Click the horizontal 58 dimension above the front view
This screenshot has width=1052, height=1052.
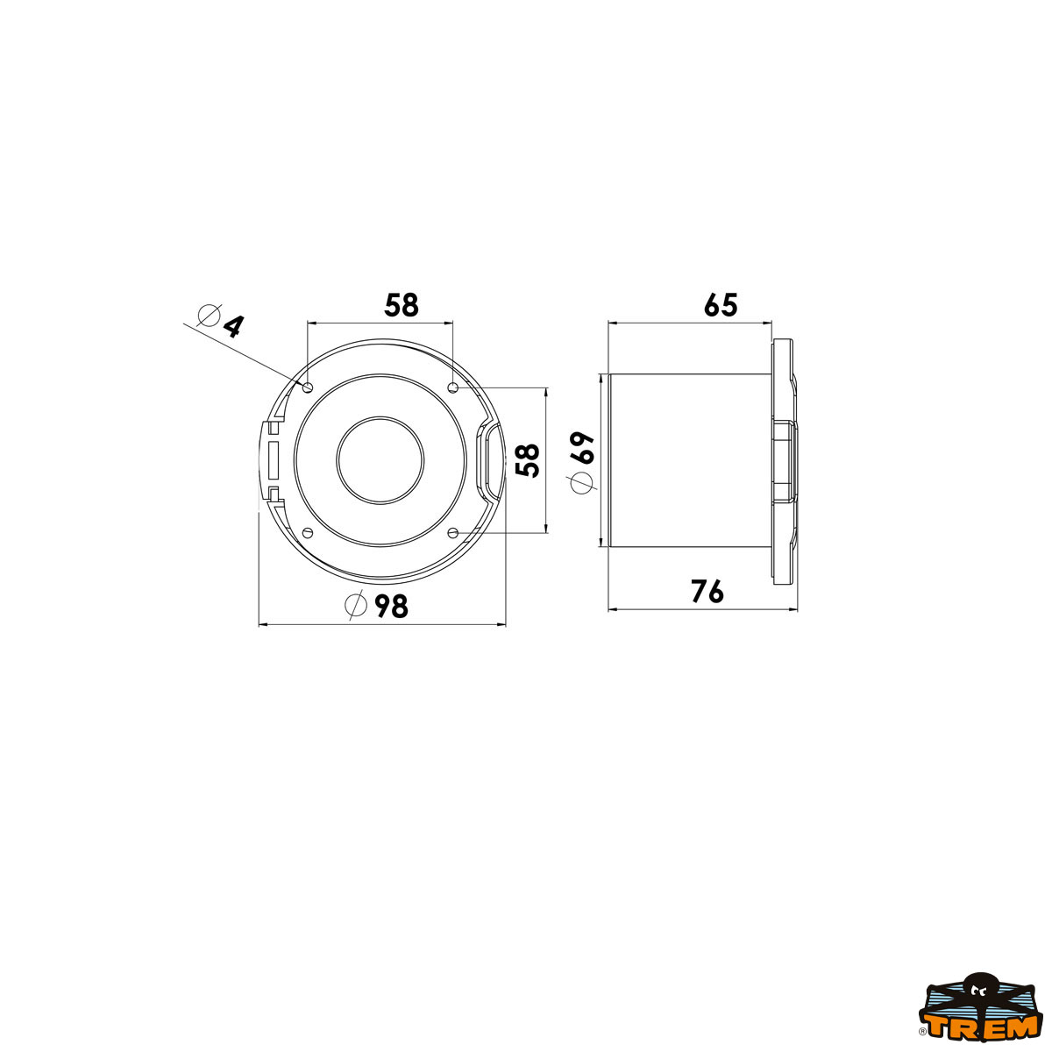tap(402, 305)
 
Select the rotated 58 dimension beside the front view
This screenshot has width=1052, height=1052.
tap(528, 460)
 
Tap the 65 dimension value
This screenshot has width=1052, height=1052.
tap(721, 305)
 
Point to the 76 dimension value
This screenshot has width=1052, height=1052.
tap(707, 591)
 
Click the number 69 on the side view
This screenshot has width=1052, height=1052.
tap(582, 448)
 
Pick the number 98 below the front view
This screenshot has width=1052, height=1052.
tap(391, 606)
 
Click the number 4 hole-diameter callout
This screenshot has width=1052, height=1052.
tap(234, 326)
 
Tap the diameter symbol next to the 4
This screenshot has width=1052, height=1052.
tap(210, 316)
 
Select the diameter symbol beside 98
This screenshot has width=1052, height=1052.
tap(356, 605)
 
